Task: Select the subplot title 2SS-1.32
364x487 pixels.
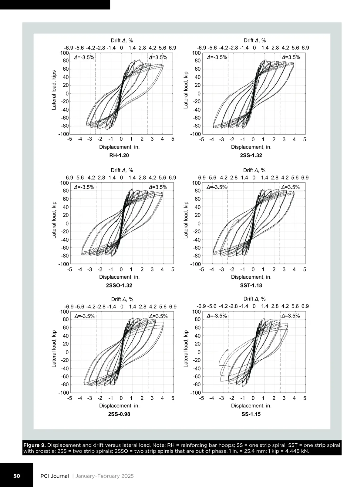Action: click(251, 156)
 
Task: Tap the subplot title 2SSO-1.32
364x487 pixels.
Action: click(119, 285)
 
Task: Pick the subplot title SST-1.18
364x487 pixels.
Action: click(251, 285)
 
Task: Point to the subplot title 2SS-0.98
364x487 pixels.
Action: click(119, 414)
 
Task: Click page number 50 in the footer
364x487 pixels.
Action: click(16, 476)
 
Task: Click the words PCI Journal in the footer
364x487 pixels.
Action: click(55, 476)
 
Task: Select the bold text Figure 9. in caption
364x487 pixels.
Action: click(35, 445)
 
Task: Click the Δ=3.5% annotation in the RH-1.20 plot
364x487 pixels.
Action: click(158, 57)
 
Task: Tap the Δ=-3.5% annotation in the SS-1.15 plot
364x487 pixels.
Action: click(217, 316)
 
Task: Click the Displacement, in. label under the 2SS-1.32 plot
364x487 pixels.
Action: click(251, 147)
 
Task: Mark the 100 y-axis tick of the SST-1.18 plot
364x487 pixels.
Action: click(197, 183)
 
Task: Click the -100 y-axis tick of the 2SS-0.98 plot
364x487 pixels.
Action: click(64, 393)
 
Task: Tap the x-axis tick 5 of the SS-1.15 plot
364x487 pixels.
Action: click(305, 398)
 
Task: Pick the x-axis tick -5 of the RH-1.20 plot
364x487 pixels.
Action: click(69, 139)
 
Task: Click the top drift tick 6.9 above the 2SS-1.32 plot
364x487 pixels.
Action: click(305, 48)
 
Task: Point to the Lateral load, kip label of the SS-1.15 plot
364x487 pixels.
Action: click(186, 349)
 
